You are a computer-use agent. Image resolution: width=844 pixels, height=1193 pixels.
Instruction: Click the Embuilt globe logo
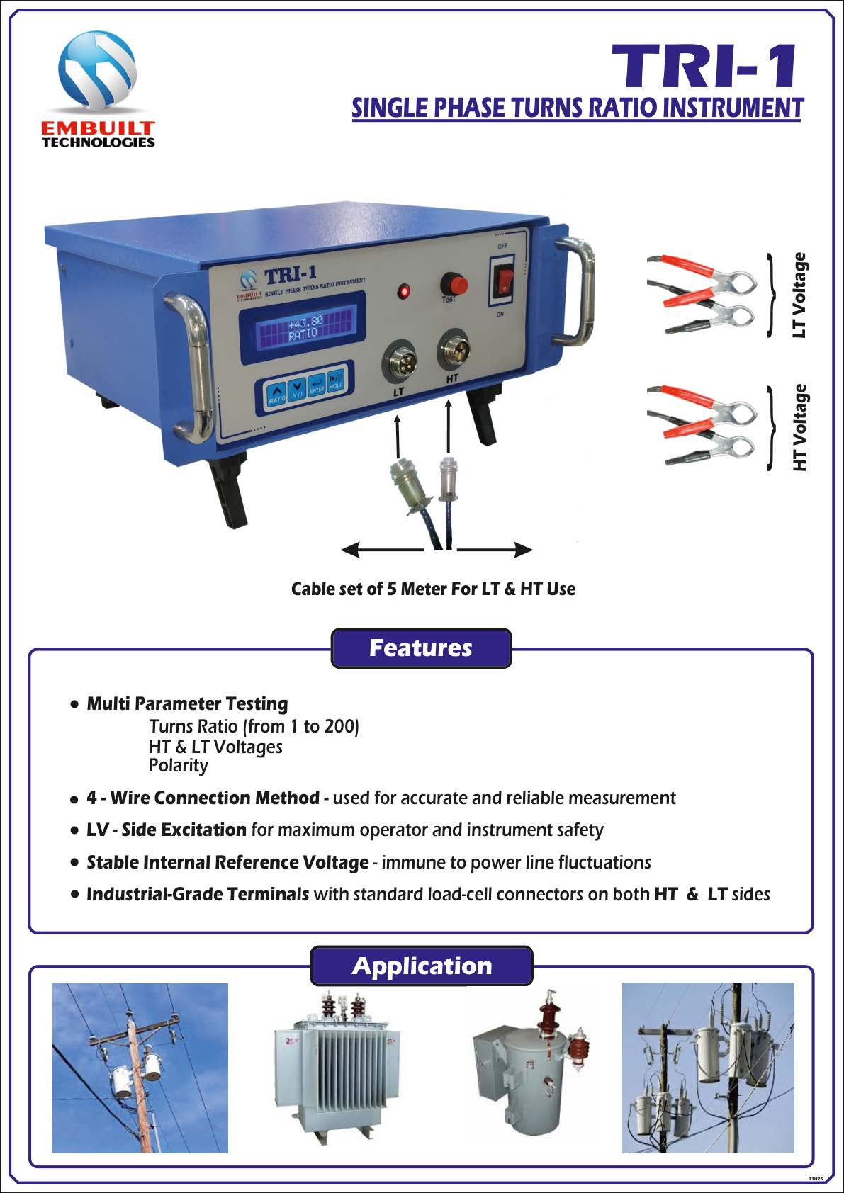pos(98,71)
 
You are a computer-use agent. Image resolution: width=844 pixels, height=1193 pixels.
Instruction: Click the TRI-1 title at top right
pos(705,67)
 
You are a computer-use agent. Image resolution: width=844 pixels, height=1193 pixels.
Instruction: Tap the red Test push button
pos(454,285)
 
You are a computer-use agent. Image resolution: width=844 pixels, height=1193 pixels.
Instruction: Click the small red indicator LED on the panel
pos(403,291)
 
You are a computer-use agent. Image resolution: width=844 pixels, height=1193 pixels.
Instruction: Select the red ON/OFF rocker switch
pos(504,281)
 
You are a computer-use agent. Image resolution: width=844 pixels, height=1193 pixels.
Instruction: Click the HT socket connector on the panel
pos(454,350)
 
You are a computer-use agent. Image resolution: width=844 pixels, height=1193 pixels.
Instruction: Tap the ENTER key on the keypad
pos(317,385)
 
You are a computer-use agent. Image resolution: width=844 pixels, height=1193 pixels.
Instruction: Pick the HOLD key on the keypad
pos(336,380)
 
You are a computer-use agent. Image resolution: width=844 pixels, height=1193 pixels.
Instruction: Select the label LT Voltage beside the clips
pos(799,295)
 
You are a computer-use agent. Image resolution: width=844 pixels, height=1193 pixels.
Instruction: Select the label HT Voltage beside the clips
pos(799,428)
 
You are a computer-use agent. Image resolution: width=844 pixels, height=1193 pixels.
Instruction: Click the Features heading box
pos(421,648)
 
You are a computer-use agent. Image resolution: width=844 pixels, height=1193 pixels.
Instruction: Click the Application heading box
pos(422,966)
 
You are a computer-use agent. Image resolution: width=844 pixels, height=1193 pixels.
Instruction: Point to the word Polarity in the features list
pos(179,766)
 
